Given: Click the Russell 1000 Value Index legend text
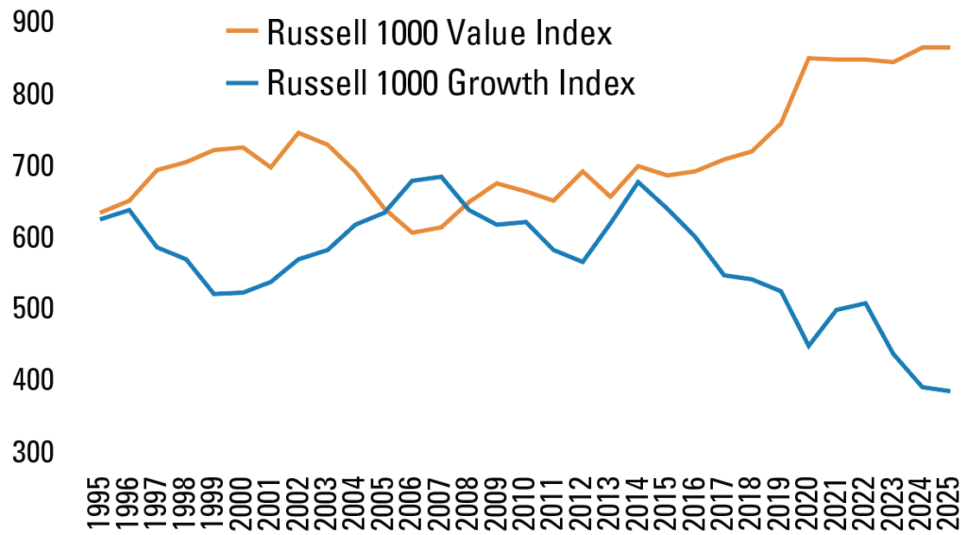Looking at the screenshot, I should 440,34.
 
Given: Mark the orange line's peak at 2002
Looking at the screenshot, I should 298,132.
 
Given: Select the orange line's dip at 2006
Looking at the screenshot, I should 412,233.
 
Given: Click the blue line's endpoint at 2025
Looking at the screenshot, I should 948,391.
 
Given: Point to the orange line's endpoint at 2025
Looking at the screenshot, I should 948,47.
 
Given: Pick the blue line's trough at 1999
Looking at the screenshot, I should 214,294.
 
